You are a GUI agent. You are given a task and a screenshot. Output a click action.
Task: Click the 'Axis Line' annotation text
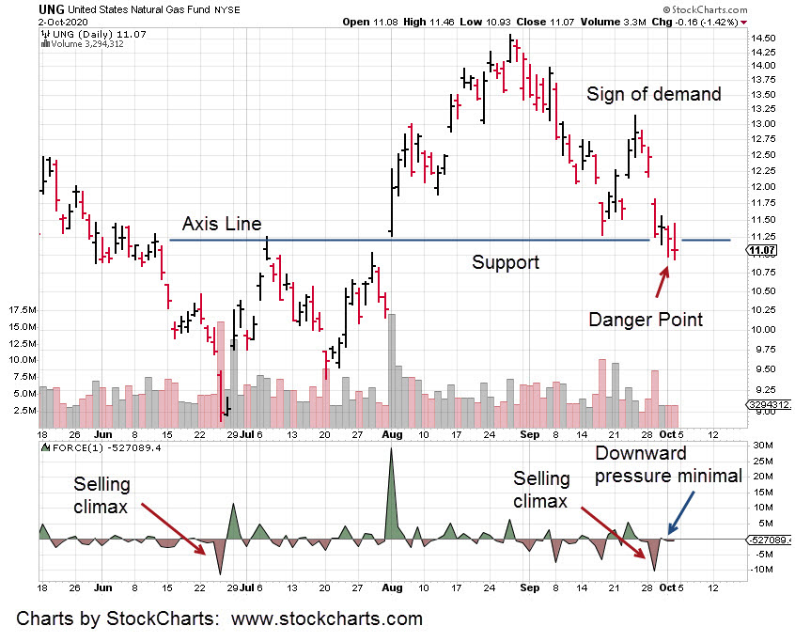222,224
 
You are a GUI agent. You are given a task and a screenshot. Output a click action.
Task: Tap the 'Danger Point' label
646,319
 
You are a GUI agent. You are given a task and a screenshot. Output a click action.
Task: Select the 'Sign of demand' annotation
654,94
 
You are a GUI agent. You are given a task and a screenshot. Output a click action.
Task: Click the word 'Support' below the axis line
506,262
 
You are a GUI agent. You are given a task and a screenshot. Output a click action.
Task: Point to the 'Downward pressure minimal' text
669,463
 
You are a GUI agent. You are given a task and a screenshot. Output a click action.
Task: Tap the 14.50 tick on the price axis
763,39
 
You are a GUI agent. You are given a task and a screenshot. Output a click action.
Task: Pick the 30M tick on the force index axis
762,446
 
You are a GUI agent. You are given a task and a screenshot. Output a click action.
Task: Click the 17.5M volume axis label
21,310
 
